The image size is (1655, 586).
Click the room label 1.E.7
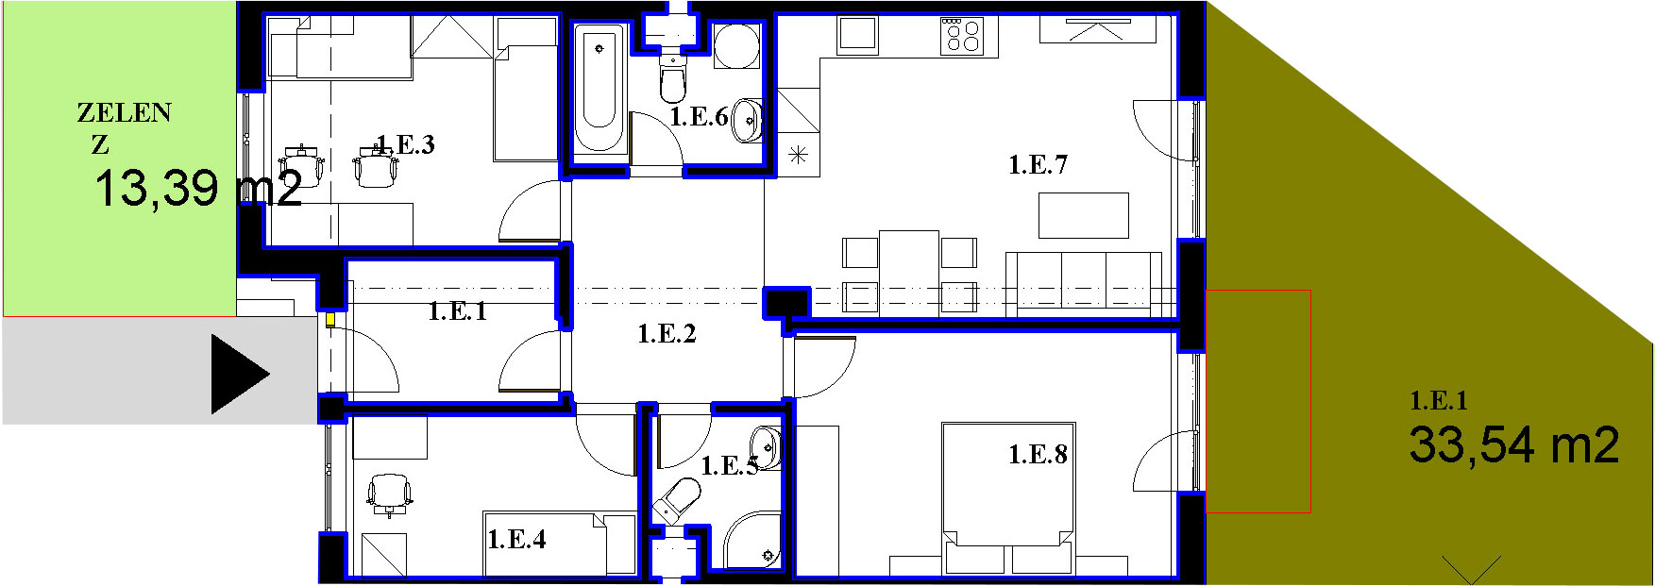click(1038, 165)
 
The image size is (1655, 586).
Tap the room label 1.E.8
click(1038, 455)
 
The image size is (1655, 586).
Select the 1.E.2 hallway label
click(667, 333)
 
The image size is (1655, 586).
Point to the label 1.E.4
click(516, 540)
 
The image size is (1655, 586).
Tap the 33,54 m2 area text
click(1514, 444)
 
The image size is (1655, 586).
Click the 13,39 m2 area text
click(198, 188)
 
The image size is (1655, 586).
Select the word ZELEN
click(124, 113)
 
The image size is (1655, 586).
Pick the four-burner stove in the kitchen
click(962, 36)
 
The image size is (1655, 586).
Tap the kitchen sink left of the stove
click(857, 35)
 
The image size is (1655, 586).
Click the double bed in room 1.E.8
click(1008, 498)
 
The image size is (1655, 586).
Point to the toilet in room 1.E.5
click(678, 499)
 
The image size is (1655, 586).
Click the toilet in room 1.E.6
click(672, 79)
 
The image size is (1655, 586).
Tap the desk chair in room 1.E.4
click(389, 494)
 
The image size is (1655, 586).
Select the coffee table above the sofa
click(1084, 215)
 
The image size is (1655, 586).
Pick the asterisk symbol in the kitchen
click(799, 155)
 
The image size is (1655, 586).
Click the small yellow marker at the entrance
click(330, 320)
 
